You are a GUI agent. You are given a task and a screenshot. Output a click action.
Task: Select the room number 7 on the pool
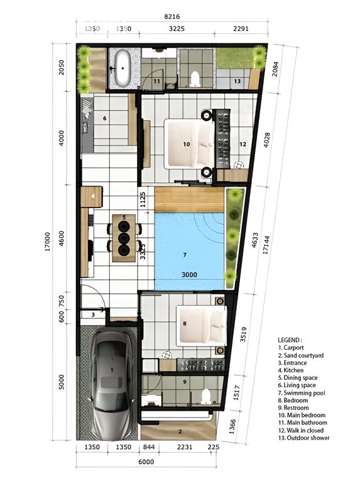[x=184, y=255]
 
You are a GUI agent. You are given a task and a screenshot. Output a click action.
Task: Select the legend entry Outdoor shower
[x=304, y=438]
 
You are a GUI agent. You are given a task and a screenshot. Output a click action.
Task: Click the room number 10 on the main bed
[x=186, y=144]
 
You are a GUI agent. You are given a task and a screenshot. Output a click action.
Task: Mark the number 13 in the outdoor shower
[x=237, y=82]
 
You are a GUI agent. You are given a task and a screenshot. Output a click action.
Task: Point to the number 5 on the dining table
[x=124, y=218]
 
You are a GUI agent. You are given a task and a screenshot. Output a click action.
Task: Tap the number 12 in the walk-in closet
[x=242, y=144]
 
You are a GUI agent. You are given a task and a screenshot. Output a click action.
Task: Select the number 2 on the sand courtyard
[x=180, y=431]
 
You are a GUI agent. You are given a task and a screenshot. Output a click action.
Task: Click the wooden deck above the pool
[x=189, y=200]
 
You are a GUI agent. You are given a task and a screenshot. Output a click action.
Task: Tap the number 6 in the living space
[x=105, y=118]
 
